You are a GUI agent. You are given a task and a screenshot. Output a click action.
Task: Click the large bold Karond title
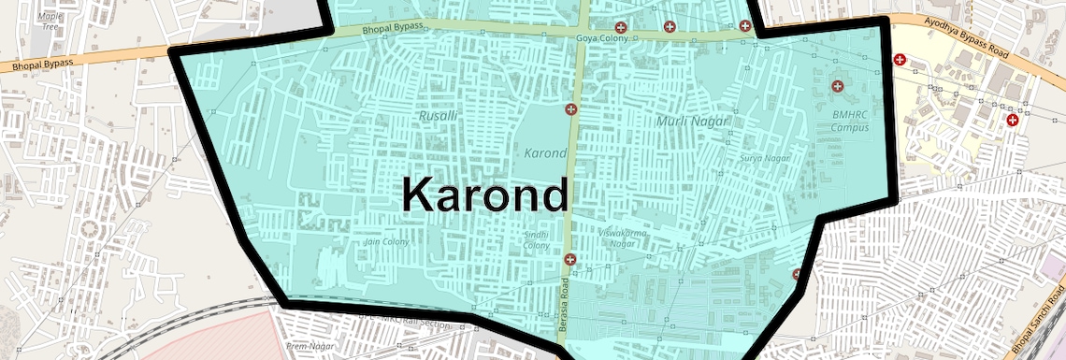484,195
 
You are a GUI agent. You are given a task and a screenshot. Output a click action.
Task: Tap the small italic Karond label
545,152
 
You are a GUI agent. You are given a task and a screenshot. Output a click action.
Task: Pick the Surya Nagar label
764,159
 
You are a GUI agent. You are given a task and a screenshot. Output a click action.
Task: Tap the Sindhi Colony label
537,239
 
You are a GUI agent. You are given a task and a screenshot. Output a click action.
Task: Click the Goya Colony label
602,38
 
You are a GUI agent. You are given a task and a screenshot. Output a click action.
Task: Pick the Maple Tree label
50,22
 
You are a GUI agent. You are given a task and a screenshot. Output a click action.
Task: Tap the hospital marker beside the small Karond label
570,110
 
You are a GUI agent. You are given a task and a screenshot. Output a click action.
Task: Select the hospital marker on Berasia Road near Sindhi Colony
569,258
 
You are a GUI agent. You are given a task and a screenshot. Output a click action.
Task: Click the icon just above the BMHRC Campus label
837,87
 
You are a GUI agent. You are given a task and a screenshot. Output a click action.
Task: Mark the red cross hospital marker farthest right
1012,121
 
